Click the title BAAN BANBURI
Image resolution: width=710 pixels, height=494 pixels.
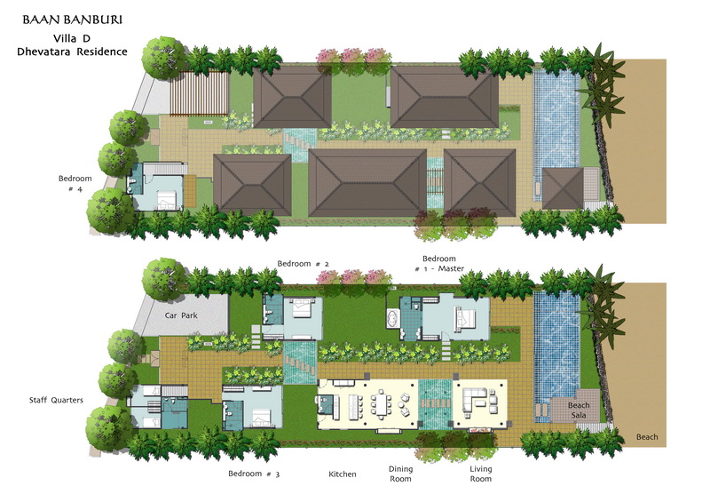pos(73,20)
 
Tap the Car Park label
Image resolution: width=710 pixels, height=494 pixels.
pos(181,315)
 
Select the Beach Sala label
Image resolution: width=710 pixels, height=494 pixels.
pos(579,410)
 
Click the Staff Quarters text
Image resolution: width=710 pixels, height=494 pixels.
pos(56,400)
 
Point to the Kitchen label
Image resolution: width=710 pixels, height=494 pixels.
pos(343,474)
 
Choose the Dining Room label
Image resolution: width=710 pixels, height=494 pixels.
pos(401,474)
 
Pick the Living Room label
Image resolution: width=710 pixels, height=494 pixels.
pos(480,474)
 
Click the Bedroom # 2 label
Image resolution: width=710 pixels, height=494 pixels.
pos(303,264)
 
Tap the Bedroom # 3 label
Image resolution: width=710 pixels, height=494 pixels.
pos(254,474)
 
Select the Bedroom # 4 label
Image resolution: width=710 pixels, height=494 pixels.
pos(75,184)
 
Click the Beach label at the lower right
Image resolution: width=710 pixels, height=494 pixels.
pos(647,437)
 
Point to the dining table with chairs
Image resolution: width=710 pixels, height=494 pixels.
pos(381,405)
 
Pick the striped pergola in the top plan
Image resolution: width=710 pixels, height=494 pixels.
pos(199,93)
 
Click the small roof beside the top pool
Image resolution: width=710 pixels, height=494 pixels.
pos(563,188)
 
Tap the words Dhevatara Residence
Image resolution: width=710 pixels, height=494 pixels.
pos(73,52)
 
